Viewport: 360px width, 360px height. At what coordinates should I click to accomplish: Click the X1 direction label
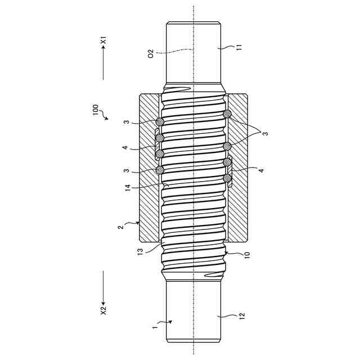[x=103, y=41]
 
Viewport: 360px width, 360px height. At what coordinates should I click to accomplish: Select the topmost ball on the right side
[x=227, y=114]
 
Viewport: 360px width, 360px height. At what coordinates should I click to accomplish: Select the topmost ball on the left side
[x=160, y=121]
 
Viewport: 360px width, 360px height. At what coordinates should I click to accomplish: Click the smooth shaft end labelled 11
[x=193, y=51]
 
